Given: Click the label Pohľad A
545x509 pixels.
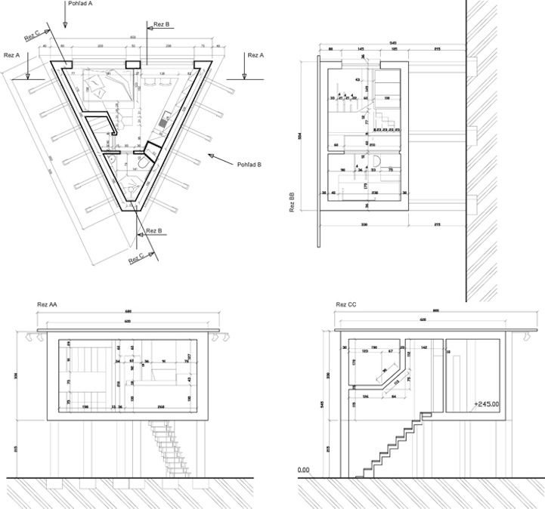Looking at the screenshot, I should coord(80,4).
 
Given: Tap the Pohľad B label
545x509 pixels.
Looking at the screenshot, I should coord(249,164).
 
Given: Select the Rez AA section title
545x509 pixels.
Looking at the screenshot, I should coord(48,305).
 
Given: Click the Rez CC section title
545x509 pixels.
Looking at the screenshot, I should coord(347,305).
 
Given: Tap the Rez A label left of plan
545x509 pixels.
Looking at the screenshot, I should coord(12,55).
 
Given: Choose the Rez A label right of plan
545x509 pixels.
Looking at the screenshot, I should coord(256,55).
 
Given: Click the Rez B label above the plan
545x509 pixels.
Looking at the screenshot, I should coord(162,24).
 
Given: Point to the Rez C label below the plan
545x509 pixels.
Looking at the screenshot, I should coord(137,258).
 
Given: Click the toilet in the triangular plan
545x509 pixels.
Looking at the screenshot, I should coord(111,159).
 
